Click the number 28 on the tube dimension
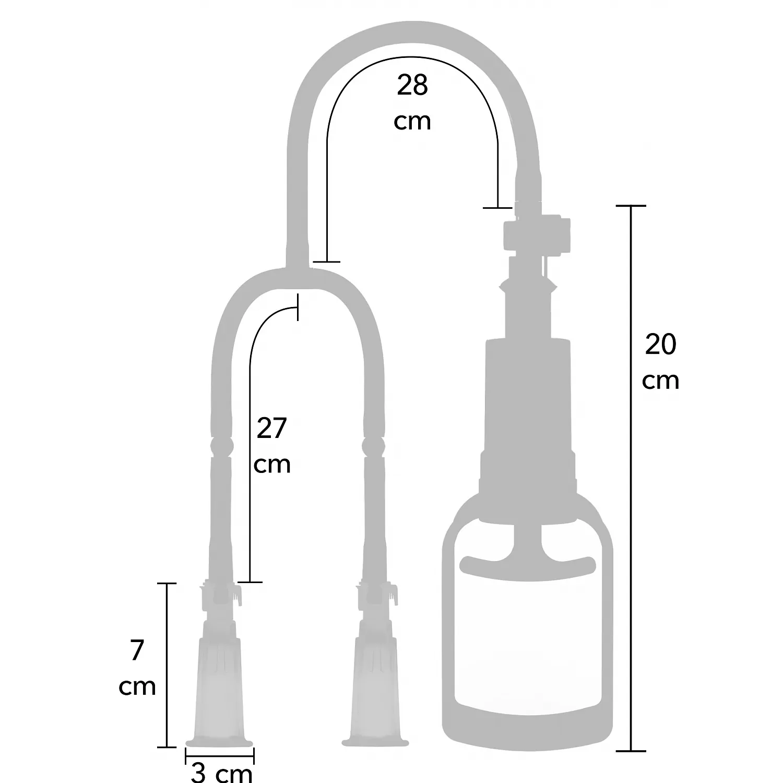(412, 85)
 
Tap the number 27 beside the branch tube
(272, 429)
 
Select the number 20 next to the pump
(660, 345)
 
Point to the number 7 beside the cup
(137, 650)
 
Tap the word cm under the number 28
(412, 122)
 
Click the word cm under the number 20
(661, 381)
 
